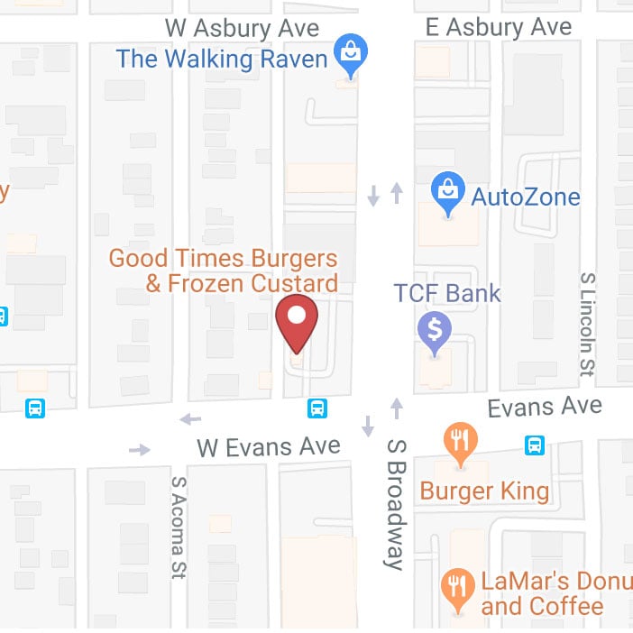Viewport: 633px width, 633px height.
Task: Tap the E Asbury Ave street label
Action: click(x=499, y=28)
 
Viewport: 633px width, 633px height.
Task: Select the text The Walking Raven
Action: click(x=222, y=60)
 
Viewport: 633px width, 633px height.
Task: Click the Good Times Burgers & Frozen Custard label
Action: click(x=224, y=271)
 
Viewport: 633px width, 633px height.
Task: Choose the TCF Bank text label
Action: click(x=447, y=293)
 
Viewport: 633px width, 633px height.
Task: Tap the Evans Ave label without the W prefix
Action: click(x=544, y=407)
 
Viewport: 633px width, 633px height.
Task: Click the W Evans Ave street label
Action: click(x=269, y=445)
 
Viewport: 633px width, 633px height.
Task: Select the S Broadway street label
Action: click(x=395, y=503)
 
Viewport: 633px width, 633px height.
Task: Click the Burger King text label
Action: click(x=484, y=491)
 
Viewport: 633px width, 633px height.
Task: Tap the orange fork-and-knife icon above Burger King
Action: click(x=461, y=443)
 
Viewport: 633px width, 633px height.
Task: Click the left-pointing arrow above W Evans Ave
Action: click(x=190, y=418)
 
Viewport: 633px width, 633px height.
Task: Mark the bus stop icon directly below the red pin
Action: click(x=317, y=408)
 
